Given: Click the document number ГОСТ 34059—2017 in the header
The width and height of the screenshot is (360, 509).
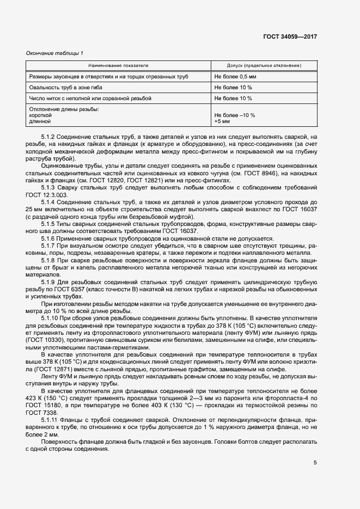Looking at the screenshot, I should pyautogui.click(x=290, y=37).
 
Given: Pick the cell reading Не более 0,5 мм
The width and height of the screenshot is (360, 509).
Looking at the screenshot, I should pyautogui.click(x=235, y=77).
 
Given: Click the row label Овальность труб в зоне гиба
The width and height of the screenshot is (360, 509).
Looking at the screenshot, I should pyautogui.click(x=65, y=88).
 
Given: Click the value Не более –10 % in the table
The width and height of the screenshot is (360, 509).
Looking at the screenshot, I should pyautogui.click(x=235, y=115).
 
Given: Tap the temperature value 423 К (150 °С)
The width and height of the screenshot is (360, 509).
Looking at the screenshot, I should pyautogui.click(x=45, y=398).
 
